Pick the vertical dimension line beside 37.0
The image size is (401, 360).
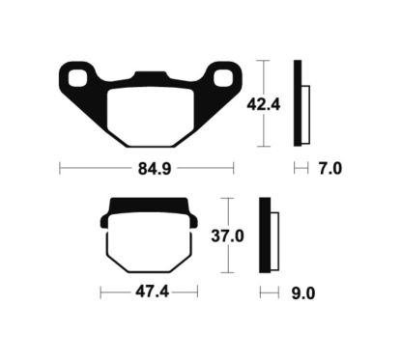click(225, 236)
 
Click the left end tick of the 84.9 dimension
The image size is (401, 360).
click(60, 169)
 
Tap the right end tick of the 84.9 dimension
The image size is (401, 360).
click(233, 169)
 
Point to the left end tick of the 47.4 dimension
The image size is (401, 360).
click(100, 291)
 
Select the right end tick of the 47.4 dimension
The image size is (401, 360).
click(198, 291)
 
